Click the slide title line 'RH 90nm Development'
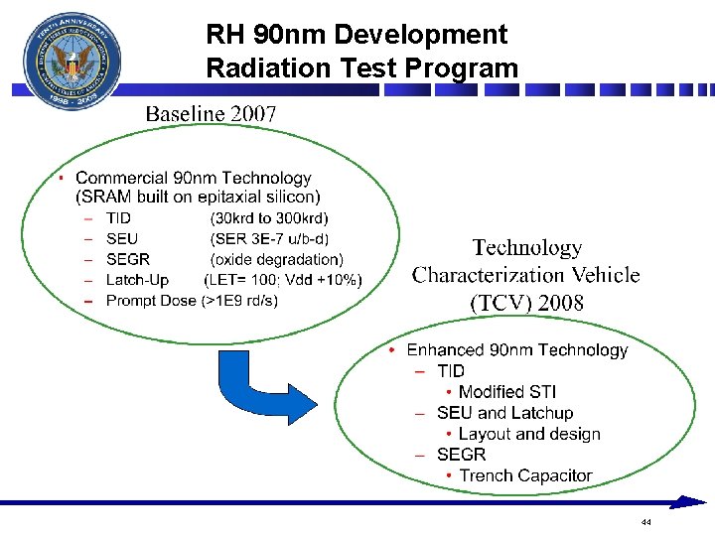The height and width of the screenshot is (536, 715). (356, 35)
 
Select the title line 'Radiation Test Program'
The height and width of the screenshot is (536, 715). (361, 67)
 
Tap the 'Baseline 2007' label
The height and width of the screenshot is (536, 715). (211, 113)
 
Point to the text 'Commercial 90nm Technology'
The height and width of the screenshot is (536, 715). (194, 179)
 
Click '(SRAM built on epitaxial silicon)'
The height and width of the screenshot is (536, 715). (199, 198)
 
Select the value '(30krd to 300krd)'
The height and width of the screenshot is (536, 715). (269, 218)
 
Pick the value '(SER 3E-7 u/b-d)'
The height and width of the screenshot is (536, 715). (269, 239)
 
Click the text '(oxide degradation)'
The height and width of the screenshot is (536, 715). (276, 260)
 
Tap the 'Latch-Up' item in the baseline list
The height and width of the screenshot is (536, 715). (137, 281)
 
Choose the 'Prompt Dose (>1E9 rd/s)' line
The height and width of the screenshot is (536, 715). (192, 301)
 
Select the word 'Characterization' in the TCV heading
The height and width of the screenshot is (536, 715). (525, 275)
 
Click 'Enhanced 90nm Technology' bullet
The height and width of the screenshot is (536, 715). (516, 350)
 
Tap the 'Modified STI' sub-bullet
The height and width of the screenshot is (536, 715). (506, 392)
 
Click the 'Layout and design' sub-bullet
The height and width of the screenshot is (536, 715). (528, 434)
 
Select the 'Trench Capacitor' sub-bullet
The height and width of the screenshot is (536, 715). (524, 475)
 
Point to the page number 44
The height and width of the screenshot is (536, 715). (645, 522)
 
